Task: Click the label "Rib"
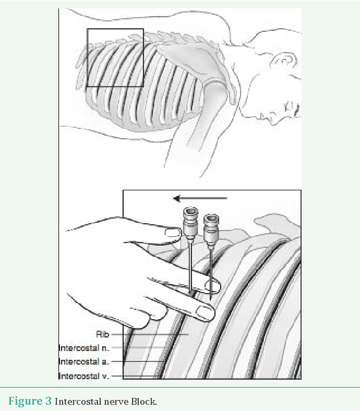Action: (x=103, y=334)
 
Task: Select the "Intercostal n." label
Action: (x=83, y=348)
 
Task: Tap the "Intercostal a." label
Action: (x=83, y=362)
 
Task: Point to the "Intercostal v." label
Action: (x=83, y=376)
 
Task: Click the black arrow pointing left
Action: (x=200, y=199)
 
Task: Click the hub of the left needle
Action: (x=190, y=223)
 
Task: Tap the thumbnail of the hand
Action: (x=173, y=233)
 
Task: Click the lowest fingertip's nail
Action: (x=205, y=313)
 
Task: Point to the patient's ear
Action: (x=284, y=61)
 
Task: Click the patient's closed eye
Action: (x=290, y=107)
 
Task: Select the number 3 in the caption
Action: (x=49, y=401)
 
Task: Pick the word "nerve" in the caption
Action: (x=116, y=403)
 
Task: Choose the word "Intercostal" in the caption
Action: (x=79, y=401)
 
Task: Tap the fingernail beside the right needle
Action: (x=213, y=286)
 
